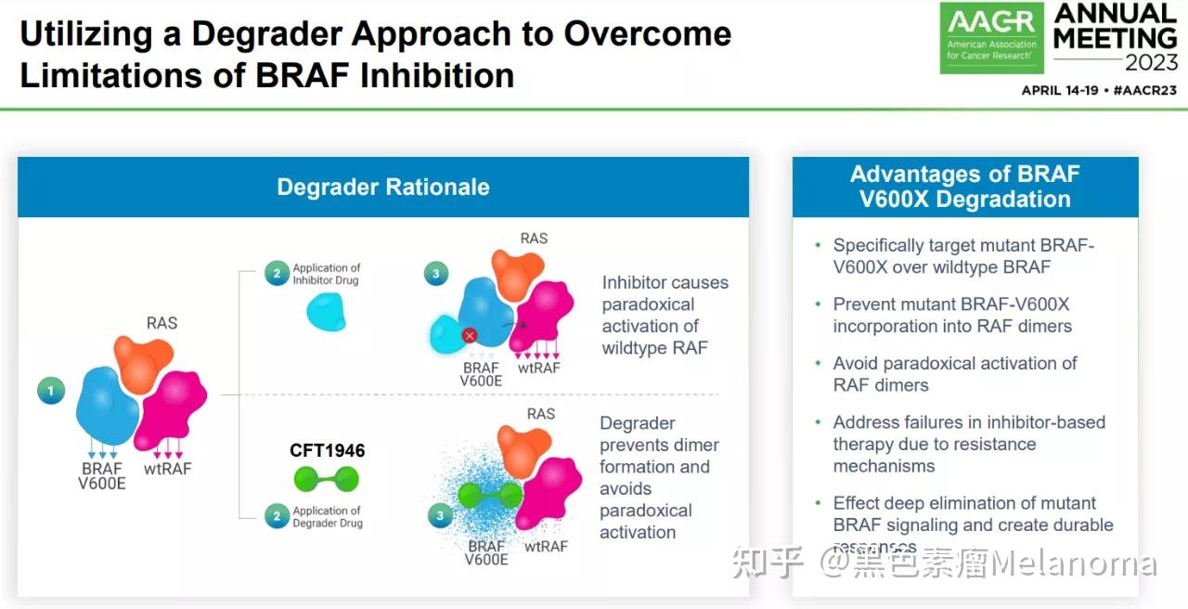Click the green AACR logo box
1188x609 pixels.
991,38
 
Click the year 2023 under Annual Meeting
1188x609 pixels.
1151,63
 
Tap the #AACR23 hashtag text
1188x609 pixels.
1144,90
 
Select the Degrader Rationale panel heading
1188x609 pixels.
382,187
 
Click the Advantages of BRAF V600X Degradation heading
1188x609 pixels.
964,187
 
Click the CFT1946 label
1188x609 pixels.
327,451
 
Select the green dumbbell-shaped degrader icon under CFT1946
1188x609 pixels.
326,479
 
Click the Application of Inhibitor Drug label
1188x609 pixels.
326,274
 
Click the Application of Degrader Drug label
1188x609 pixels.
327,517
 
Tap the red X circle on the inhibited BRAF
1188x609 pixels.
470,335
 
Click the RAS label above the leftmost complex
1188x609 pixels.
161,323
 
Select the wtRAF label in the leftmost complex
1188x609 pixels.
167,468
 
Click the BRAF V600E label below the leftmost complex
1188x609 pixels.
102,475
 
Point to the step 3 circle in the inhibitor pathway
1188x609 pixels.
435,273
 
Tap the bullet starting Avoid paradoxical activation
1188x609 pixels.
954,373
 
